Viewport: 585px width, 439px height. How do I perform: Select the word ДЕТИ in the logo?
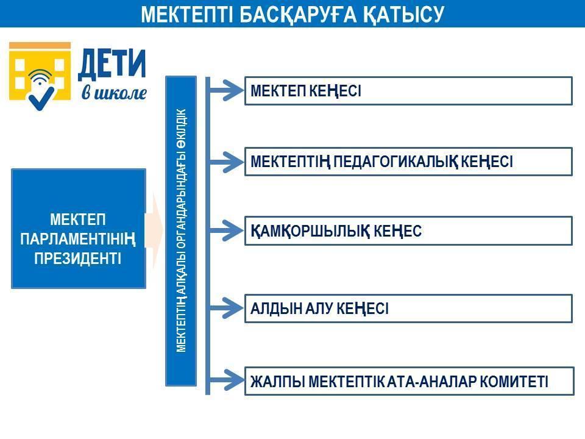coord(112,65)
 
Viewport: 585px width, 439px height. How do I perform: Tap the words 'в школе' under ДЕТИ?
coord(114,93)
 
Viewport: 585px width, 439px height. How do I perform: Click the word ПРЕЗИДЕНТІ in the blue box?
coord(78,259)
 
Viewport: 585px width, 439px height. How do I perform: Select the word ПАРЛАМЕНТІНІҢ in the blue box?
coord(78,239)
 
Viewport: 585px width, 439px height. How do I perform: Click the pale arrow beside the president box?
coord(154,229)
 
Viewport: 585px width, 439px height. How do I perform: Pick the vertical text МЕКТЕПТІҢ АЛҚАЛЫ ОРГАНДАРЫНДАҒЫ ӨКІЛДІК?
coord(181,230)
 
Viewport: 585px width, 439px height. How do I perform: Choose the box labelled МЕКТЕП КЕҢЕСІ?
coord(408,91)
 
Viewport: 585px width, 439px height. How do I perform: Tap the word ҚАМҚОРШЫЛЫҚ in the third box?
coord(310,231)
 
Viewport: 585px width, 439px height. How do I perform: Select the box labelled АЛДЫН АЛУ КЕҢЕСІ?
coord(408,309)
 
